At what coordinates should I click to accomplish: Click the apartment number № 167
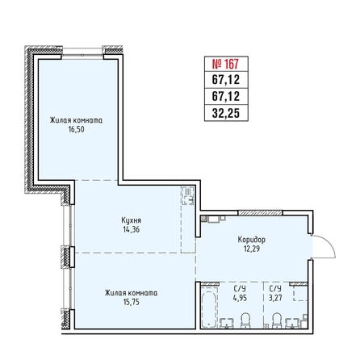pos(225,64)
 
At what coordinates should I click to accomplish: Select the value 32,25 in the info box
pos(226,113)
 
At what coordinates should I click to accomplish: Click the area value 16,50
pos(76,129)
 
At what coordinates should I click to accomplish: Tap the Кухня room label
pos(131,220)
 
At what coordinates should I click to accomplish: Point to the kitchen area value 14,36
pos(131,230)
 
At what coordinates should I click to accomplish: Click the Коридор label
pos(251,240)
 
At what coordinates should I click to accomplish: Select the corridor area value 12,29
pos(252,249)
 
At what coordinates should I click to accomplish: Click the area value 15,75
pos(132,302)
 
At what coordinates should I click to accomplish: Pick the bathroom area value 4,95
pos(240,298)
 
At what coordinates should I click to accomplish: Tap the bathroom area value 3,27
pos(275,298)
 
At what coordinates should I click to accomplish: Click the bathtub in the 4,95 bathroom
pos(209,308)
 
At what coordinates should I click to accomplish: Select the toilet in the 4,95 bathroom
pos(245,320)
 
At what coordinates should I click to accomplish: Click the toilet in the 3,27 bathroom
pos(276,320)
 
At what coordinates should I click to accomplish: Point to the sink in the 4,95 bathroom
pos(227,323)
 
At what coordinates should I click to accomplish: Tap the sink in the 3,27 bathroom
pos(292,323)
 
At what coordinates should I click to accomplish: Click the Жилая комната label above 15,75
pos(131,293)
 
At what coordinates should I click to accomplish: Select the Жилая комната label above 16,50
pos(76,120)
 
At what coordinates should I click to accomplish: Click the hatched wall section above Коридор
pos(260,213)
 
